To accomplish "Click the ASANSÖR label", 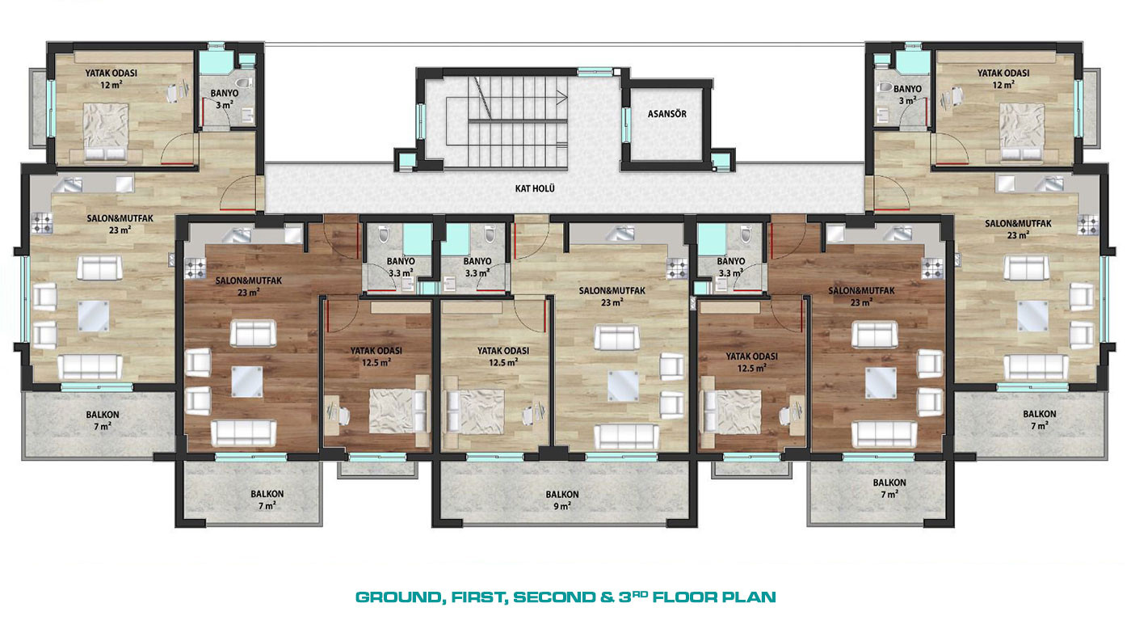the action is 667,114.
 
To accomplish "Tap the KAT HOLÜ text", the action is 535,188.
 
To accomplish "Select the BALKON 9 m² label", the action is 562,500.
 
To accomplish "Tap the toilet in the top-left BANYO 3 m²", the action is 245,82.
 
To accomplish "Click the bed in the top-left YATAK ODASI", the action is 105,132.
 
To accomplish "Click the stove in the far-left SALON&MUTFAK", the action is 42,223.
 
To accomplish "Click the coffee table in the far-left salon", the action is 93,316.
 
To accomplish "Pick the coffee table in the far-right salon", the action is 1032,316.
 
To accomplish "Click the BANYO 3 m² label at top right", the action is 907,95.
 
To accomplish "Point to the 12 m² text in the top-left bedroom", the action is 111,85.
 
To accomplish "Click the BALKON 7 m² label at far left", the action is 103,420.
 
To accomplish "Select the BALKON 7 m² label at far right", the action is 1040,420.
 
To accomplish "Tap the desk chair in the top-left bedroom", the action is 174,93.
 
